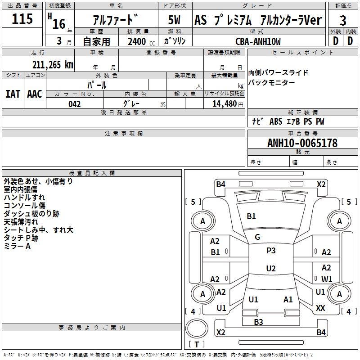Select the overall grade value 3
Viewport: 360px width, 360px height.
[343, 21]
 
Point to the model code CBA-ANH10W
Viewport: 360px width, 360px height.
[258, 41]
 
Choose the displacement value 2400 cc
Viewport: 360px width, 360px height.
[138, 41]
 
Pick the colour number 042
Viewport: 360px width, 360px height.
[74, 104]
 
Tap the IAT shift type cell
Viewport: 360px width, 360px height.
[13, 94]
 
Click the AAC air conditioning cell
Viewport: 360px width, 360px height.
[35, 94]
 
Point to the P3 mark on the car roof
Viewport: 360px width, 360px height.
[271, 251]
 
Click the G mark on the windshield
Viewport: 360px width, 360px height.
[257, 237]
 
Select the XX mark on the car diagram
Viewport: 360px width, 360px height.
[320, 308]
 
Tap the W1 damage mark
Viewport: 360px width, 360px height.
[327, 279]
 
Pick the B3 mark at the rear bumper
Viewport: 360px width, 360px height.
[258, 321]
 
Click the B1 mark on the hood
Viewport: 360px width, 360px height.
[251, 216]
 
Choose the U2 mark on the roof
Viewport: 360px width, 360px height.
[271, 269]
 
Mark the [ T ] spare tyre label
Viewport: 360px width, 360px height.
[196, 345]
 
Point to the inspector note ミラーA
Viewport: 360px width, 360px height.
[17, 246]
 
